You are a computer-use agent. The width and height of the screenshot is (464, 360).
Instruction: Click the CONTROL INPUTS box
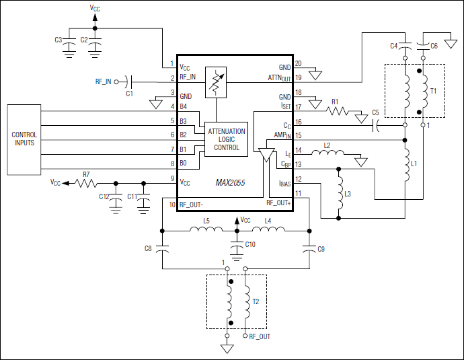coord(24,139)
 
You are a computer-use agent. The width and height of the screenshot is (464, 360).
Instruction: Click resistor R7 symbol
coord(85,182)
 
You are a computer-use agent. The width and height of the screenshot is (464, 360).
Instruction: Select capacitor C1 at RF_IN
coord(130,81)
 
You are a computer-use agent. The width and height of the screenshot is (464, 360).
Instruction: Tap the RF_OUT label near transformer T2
coord(260,336)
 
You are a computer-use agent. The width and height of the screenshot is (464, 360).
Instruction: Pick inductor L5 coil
coord(206,231)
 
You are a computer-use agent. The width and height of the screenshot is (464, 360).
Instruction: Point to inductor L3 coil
coord(338,194)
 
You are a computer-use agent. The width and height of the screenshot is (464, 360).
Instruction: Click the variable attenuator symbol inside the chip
coord(216,81)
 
